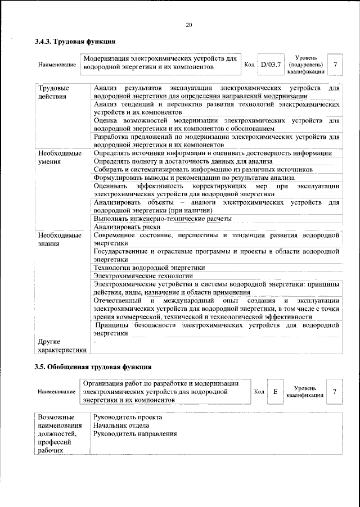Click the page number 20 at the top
(x=188, y=24)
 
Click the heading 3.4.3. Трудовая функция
(x=75, y=41)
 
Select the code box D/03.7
(x=270, y=65)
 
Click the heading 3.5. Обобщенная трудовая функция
(x=93, y=366)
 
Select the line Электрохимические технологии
(x=143, y=276)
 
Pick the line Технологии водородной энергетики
(x=149, y=268)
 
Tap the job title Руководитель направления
(x=135, y=434)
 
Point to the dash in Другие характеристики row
(x=95, y=341)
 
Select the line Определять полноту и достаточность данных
(x=191, y=161)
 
